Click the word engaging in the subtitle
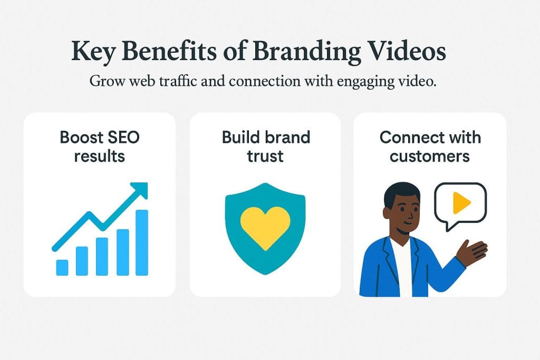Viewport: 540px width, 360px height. [366, 82]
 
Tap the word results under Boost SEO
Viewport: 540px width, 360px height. [99, 156]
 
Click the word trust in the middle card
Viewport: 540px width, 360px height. [265, 156]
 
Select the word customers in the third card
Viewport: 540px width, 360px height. [429, 156]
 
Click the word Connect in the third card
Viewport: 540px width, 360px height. [404, 138]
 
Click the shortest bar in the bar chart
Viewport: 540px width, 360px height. [62, 267]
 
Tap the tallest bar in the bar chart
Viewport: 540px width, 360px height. [142, 242]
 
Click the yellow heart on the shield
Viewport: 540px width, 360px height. [265, 228]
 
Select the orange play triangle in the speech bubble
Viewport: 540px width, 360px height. [461, 203]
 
